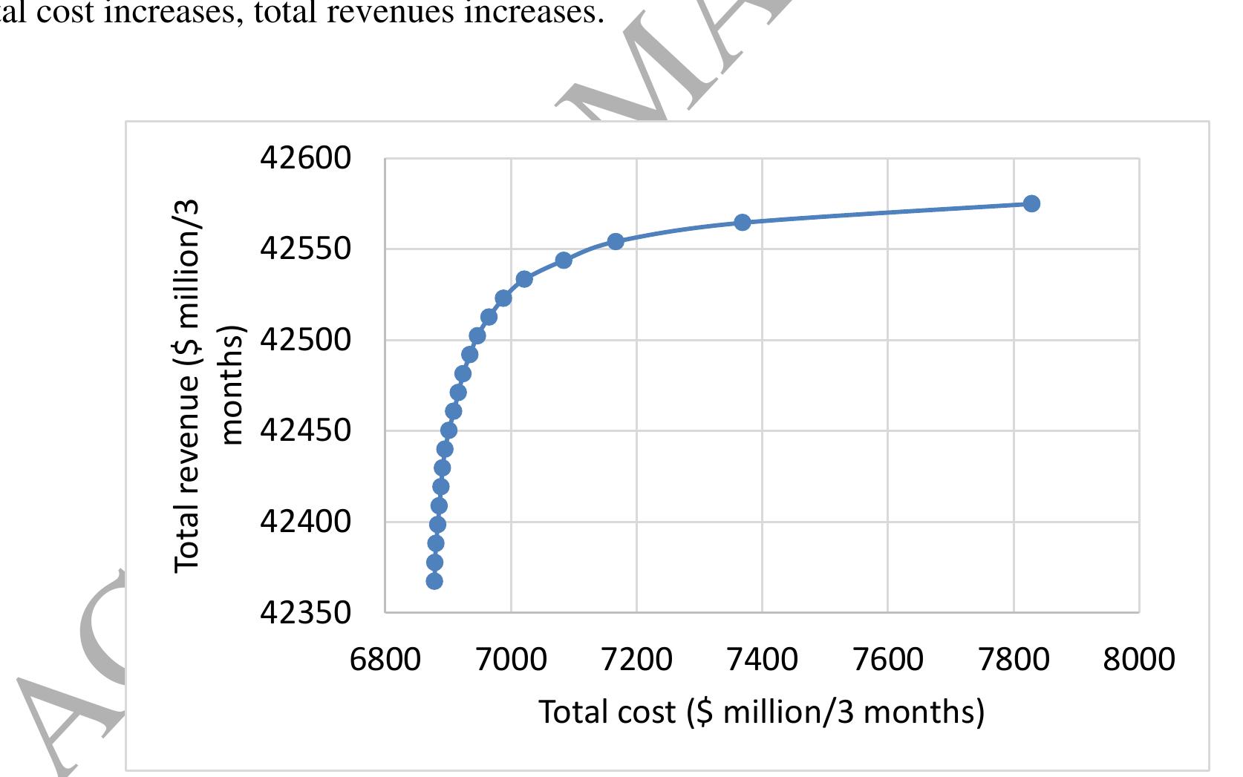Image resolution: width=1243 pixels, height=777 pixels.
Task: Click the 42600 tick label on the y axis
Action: click(304, 158)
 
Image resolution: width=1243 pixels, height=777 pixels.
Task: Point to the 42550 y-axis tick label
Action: click(304, 249)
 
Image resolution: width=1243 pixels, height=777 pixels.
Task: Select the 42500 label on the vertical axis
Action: click(304, 340)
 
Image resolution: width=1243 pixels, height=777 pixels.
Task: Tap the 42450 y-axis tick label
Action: click(304, 430)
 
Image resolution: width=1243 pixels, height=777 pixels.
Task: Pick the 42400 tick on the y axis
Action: click(304, 522)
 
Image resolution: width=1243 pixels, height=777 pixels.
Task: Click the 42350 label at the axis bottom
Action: click(304, 613)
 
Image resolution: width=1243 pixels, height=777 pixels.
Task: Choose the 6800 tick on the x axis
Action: click(385, 659)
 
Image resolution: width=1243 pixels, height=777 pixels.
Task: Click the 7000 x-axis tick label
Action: click(511, 659)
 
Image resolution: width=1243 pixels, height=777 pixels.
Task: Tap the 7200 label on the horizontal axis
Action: click(636, 659)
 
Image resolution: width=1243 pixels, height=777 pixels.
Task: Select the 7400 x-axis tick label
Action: click(762, 659)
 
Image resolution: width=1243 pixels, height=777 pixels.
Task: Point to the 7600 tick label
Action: click(888, 659)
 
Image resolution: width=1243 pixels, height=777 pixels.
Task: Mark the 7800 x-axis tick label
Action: click(1014, 659)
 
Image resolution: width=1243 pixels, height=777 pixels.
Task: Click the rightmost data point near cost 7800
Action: click(1031, 203)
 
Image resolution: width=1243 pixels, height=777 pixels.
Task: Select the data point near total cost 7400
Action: click(743, 222)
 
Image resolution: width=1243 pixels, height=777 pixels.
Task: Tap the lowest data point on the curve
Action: click(434, 581)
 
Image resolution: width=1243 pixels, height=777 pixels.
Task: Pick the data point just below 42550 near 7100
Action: click(564, 260)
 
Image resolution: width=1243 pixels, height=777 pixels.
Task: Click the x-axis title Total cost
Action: click(761, 712)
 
